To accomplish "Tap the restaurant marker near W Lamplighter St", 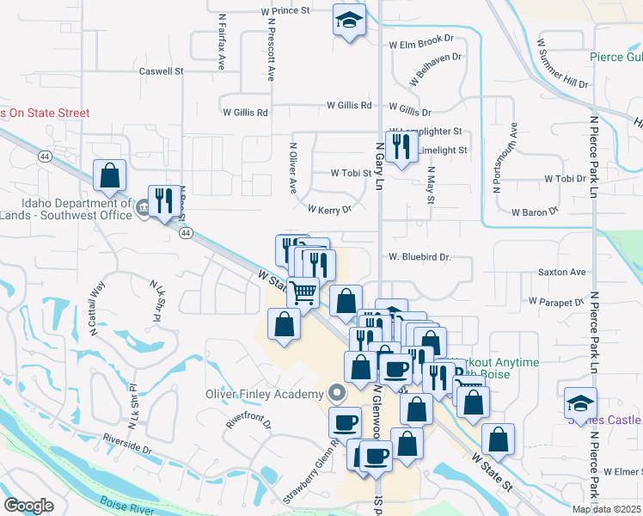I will click(400, 148).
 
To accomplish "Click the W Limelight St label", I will click(435, 150).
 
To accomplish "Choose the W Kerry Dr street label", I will click(330, 209).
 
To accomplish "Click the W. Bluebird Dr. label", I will click(419, 256).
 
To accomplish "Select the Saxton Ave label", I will click(561, 272).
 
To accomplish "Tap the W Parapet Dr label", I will click(557, 302).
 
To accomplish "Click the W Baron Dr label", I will click(536, 211).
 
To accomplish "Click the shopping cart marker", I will click(303, 292).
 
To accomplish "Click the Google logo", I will click(28, 506).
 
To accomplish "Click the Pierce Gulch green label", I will click(615, 58).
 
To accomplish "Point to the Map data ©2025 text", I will click(606, 509).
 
